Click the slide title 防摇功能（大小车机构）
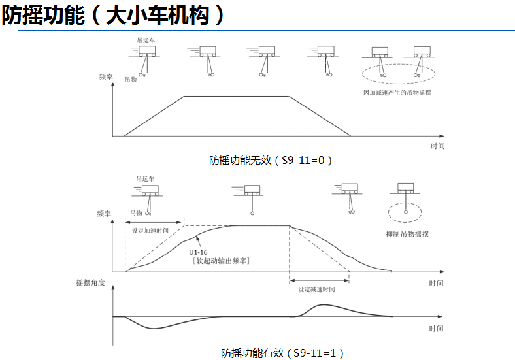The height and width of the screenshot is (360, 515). [x=115, y=15]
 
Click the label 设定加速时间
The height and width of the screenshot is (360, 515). [x=150, y=231]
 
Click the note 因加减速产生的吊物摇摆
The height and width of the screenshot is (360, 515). [x=397, y=93]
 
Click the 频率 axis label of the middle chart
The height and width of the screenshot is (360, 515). [x=103, y=214]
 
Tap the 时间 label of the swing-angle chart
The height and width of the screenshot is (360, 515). [x=437, y=329]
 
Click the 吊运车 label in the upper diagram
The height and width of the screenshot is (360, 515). [x=146, y=40]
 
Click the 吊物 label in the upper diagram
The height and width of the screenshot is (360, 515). [x=130, y=79]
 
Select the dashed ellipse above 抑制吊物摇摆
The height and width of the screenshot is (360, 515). [x=405, y=212]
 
